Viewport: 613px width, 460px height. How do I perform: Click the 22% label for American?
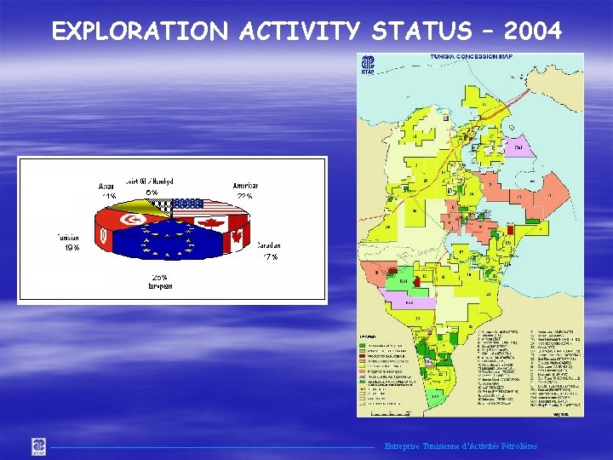pyautogui.click(x=245, y=197)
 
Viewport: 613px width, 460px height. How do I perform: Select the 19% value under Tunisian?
pyautogui.click(x=72, y=248)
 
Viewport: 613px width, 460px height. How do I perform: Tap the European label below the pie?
pyautogui.click(x=159, y=288)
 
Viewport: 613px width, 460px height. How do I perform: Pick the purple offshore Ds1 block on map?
pyautogui.click(x=517, y=147)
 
